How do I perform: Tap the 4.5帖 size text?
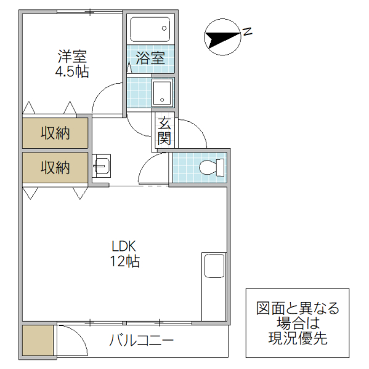click(72, 72)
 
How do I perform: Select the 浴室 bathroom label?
click(150, 59)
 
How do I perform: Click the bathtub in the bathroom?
click(150, 29)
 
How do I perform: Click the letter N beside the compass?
click(247, 31)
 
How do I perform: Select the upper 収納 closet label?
click(55, 132)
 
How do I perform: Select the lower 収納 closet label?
click(55, 167)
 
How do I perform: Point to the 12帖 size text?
click(124, 261)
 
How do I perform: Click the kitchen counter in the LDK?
click(214, 286)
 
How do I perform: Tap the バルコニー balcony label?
click(142, 340)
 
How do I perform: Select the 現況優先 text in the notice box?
click(298, 338)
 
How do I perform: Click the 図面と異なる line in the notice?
click(298, 308)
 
